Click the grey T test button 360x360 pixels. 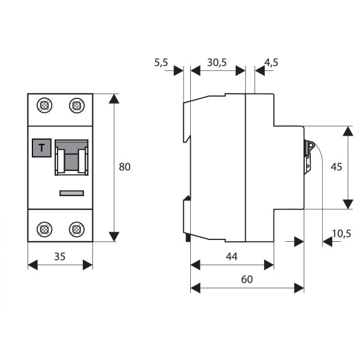click(x=41, y=147)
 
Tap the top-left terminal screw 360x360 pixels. click(x=44, y=106)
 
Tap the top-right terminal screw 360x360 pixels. click(x=76, y=106)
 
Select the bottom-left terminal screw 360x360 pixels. click(x=44, y=229)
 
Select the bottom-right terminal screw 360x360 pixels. click(x=76, y=229)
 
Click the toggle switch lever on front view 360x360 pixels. click(x=71, y=159)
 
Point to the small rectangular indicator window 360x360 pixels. click(x=71, y=193)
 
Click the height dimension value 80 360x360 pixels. click(x=124, y=167)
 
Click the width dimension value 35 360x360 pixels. click(x=60, y=256)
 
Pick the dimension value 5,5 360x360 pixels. click(x=161, y=62)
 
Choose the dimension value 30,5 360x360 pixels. click(x=216, y=62)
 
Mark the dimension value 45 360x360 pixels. click(x=336, y=167)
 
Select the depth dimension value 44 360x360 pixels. click(x=232, y=256)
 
